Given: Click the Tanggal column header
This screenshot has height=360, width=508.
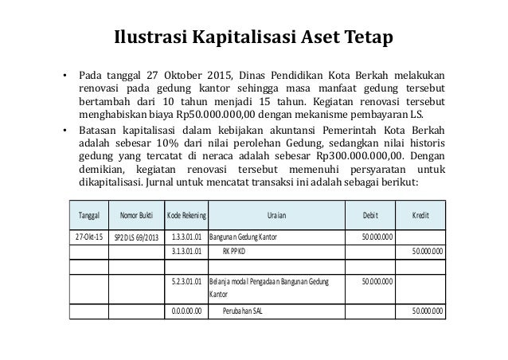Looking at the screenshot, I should [x=89, y=214].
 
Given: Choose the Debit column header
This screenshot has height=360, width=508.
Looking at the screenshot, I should [x=371, y=214].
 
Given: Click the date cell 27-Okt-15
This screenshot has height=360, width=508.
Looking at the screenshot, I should [x=89, y=237].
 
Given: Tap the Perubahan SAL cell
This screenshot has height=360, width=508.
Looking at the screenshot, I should [x=243, y=311].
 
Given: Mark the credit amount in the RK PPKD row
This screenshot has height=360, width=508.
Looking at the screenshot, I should [x=428, y=252].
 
